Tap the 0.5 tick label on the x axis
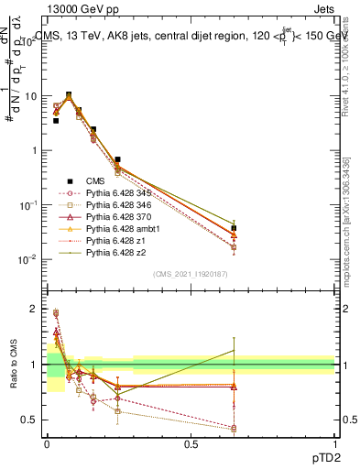pos(191,444)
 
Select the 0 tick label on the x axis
pos(47,444)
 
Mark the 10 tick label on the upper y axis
pos(31,95)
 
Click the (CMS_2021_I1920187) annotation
pos(191,274)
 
